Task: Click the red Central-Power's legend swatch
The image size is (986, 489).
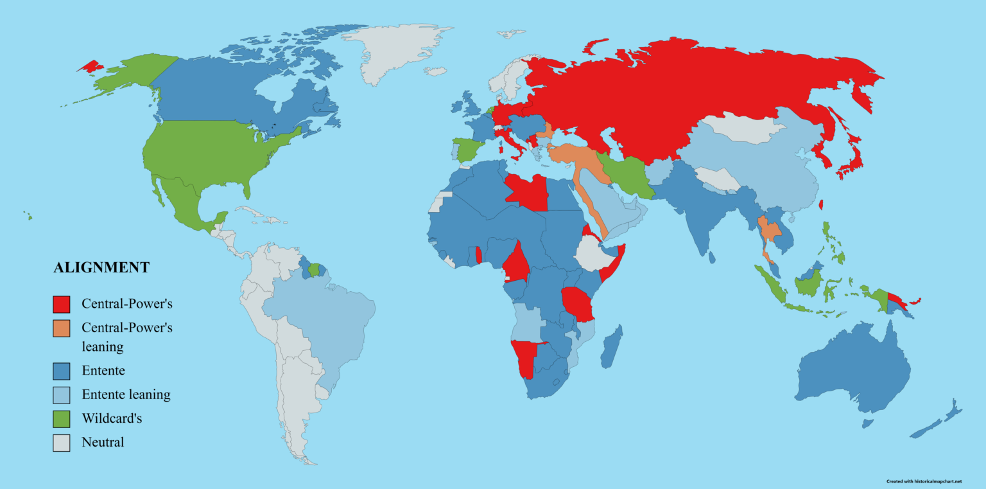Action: (x=61, y=303)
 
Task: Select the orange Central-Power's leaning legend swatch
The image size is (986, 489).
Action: (x=61, y=328)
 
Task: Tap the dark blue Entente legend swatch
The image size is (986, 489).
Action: (x=61, y=371)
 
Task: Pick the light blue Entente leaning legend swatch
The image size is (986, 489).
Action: (x=61, y=395)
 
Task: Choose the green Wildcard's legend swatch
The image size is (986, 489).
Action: (x=61, y=419)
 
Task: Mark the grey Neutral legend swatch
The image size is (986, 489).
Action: (x=61, y=443)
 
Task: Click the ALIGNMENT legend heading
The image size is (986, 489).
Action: (x=101, y=268)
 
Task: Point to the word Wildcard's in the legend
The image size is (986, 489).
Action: (x=112, y=419)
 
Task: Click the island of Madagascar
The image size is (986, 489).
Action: (x=611, y=347)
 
